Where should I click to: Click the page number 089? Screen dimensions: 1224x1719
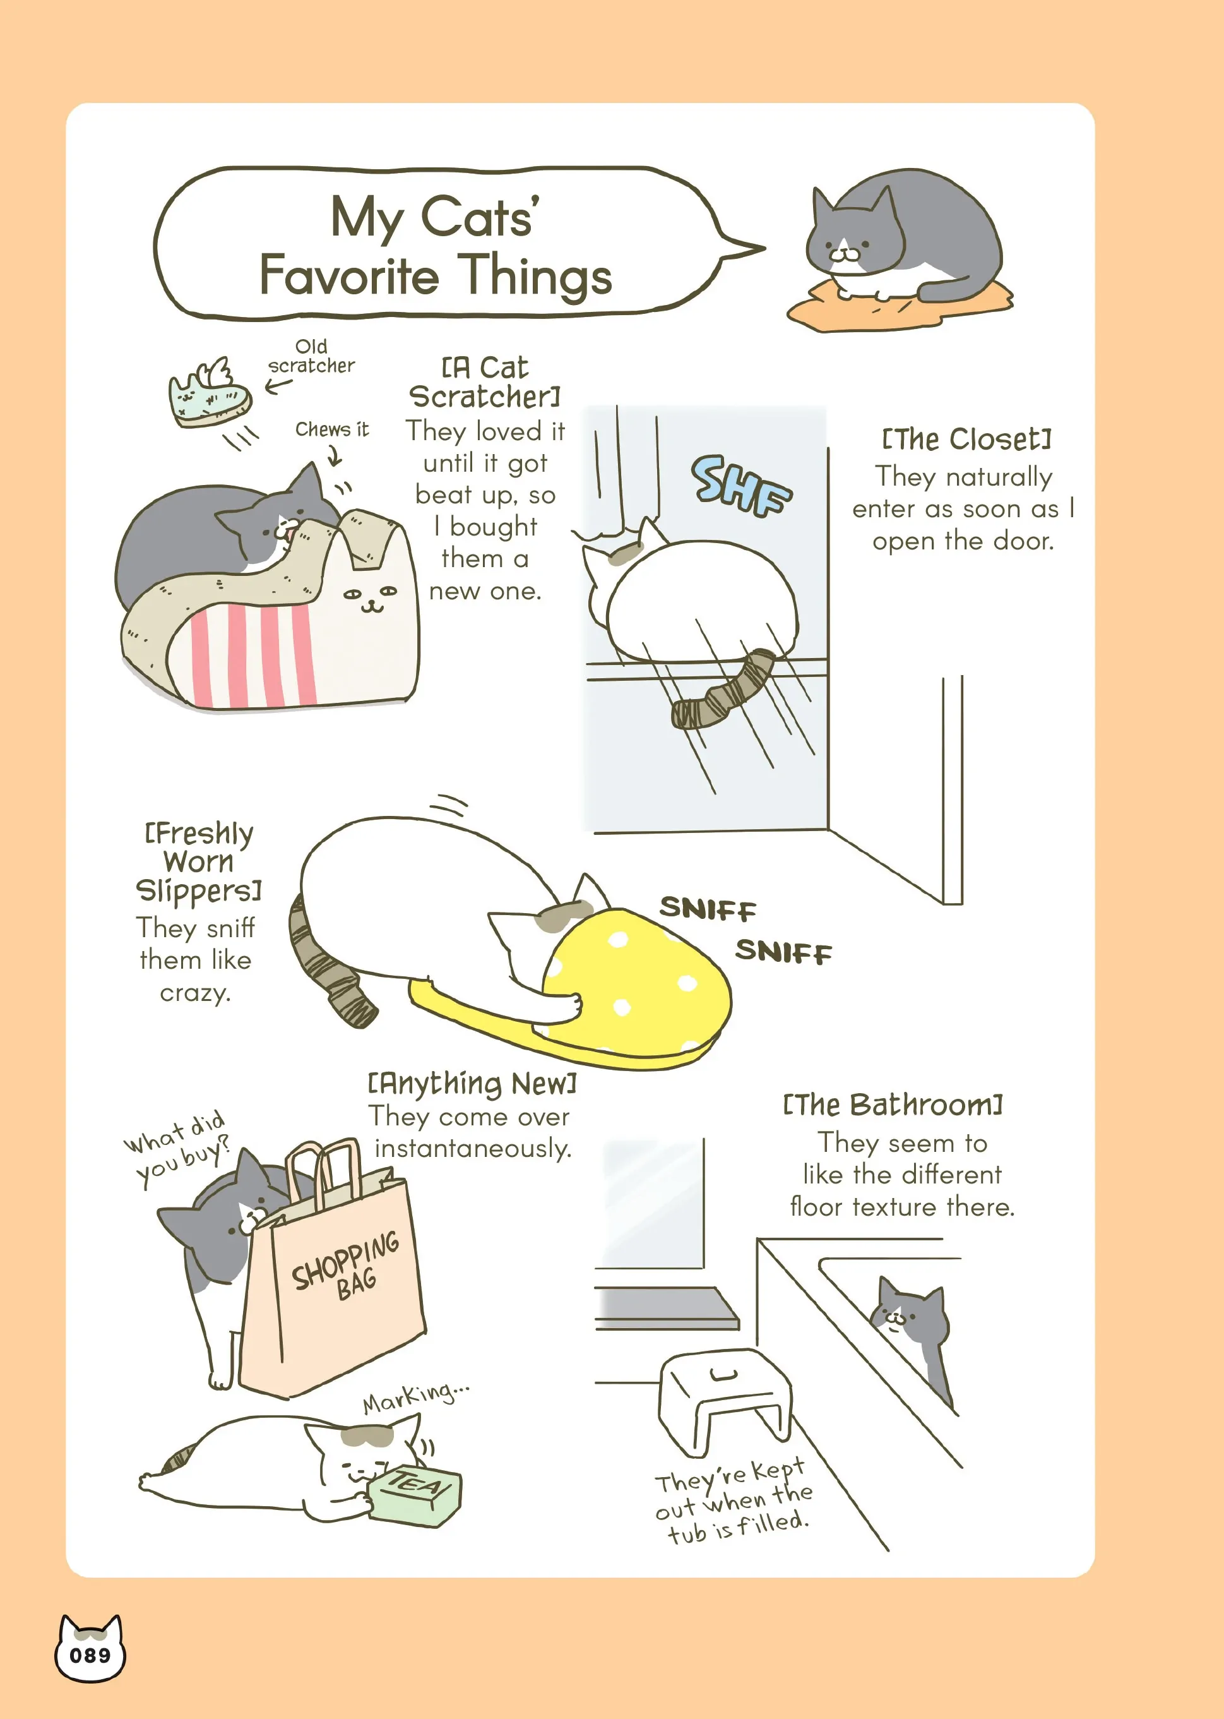[x=90, y=1656]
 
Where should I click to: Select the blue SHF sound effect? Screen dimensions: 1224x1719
[x=741, y=486]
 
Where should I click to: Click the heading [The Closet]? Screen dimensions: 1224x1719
[x=966, y=439]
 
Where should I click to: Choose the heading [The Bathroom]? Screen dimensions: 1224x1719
[x=893, y=1105]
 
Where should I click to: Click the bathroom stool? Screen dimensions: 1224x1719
[x=725, y=1400]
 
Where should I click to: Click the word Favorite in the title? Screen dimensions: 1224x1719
[x=349, y=275]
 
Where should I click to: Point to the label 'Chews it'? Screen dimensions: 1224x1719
[x=331, y=429]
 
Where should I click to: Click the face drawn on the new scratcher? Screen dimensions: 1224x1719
[x=370, y=596]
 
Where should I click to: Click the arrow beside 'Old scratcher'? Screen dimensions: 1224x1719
[x=278, y=386]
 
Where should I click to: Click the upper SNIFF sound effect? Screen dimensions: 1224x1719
[x=708, y=909]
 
